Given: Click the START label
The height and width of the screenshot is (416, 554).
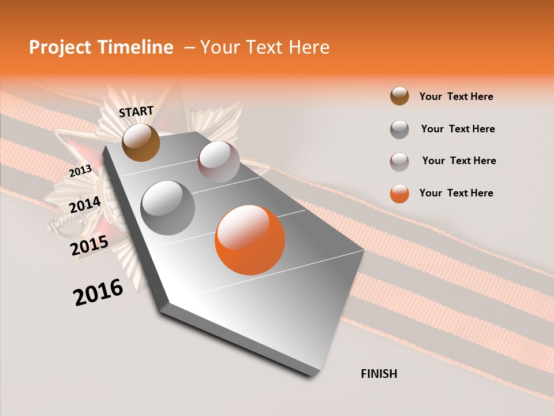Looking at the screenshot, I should [136, 112].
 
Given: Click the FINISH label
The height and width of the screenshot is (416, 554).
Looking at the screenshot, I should [379, 374].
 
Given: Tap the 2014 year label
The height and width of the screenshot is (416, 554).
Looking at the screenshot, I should [85, 205].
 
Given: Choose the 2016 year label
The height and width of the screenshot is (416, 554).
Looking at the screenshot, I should [98, 292].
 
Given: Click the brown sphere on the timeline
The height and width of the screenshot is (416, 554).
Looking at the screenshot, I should [141, 142].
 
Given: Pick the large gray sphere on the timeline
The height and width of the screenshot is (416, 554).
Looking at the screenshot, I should [168, 207].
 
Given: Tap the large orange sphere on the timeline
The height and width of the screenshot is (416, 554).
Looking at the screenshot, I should [250, 240].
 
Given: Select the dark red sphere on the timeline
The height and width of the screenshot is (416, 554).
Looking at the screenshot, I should [219, 162].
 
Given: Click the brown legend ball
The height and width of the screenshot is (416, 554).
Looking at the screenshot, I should [399, 96].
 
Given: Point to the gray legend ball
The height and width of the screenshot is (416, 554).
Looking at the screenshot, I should [399, 129].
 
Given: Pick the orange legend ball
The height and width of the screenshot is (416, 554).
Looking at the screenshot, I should [399, 193].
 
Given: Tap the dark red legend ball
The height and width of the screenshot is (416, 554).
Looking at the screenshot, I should [399, 161].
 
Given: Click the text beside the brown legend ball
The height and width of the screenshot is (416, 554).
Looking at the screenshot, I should [456, 96].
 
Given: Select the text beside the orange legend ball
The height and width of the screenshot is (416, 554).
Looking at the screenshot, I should [456, 193].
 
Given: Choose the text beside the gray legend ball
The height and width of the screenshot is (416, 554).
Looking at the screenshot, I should [458, 129].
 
